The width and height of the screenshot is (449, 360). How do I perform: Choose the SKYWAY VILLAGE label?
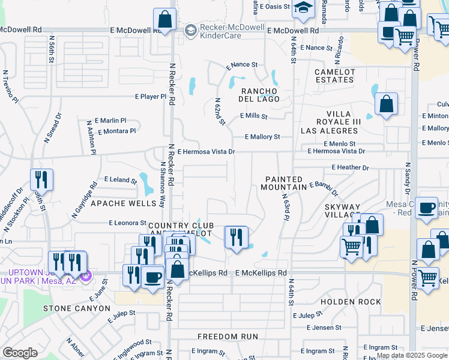point(343,210)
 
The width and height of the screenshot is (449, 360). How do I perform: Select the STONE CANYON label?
point(77,308)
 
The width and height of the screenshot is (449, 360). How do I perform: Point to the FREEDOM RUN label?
point(228,337)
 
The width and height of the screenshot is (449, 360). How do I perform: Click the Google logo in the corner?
point(20,352)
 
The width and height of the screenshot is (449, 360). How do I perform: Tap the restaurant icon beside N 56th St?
point(41,179)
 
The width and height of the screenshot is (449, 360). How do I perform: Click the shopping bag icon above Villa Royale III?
point(387,103)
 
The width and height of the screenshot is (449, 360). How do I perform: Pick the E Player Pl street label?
point(150,96)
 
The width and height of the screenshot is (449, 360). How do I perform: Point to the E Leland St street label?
point(121,179)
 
